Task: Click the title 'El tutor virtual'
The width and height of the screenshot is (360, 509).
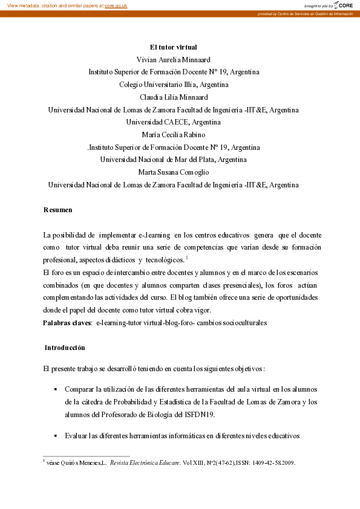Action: click(x=173, y=47)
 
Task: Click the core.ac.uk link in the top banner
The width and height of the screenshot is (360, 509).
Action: click(x=116, y=5)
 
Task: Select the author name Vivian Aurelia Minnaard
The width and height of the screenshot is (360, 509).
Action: click(x=173, y=59)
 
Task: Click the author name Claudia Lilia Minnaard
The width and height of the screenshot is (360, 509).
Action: click(x=173, y=97)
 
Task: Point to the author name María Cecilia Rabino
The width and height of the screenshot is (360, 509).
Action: click(x=173, y=134)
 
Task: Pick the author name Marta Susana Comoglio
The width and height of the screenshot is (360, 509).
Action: click(x=173, y=172)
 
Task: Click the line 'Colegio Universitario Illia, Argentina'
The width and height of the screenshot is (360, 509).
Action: click(x=173, y=84)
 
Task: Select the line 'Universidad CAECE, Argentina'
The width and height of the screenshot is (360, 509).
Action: click(x=173, y=122)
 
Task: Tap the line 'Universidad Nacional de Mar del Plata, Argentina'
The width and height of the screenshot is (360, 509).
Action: click(x=173, y=160)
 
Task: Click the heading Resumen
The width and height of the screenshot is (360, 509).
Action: click(x=57, y=210)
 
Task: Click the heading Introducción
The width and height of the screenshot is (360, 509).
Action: click(x=64, y=348)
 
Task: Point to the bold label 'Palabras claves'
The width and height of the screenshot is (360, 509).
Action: click(x=66, y=323)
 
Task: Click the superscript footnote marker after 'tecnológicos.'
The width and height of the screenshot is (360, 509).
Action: click(x=188, y=258)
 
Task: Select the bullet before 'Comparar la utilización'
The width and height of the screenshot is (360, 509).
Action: click(x=55, y=389)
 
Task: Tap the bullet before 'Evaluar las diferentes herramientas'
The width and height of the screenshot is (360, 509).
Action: click(x=55, y=436)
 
